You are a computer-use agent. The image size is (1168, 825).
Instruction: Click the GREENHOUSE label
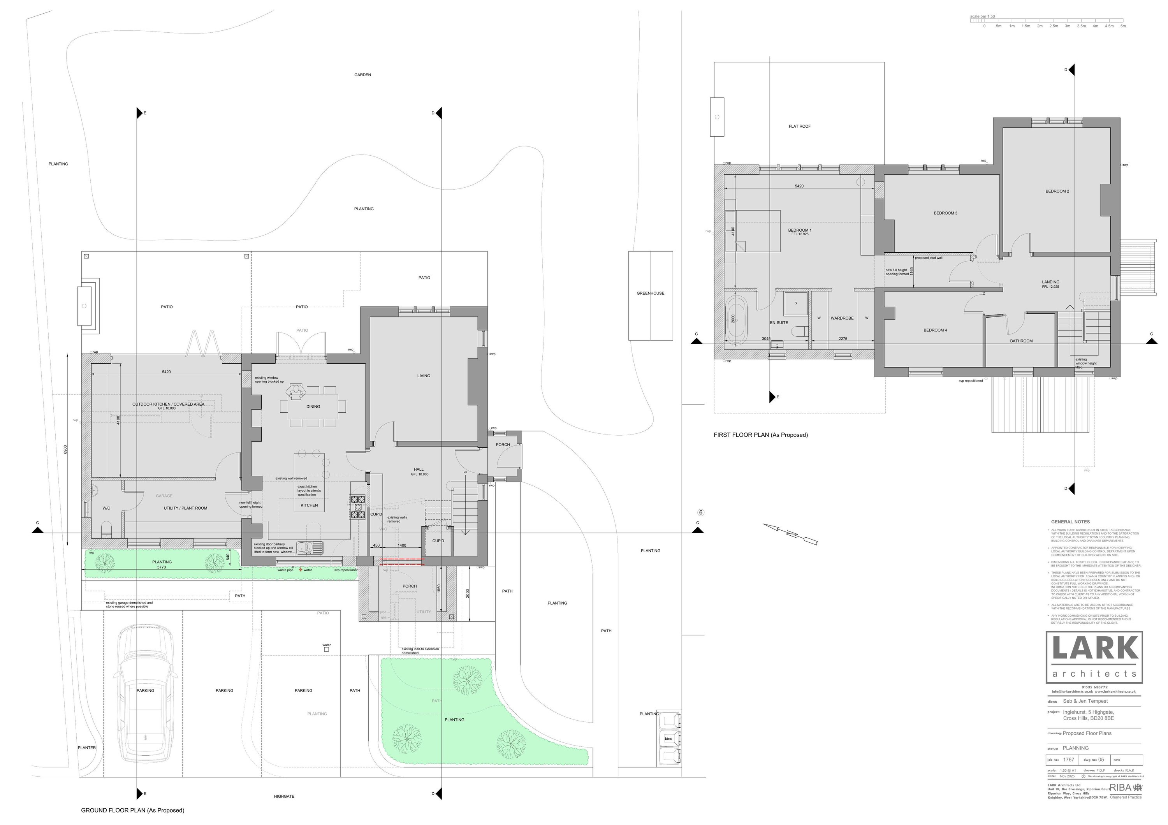(650, 294)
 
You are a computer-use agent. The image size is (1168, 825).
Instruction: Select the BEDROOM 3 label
(945, 213)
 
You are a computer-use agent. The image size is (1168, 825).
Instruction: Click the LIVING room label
(423, 376)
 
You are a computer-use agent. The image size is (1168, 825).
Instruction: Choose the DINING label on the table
(313, 406)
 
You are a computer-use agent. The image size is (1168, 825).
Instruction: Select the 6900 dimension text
(65, 450)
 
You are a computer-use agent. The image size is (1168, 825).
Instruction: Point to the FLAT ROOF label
(799, 126)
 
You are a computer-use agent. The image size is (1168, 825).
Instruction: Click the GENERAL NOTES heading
(1070, 522)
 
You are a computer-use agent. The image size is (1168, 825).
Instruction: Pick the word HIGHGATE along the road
(284, 797)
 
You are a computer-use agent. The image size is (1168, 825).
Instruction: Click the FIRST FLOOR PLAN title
(760, 435)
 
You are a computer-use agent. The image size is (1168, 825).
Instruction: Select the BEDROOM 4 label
(935, 330)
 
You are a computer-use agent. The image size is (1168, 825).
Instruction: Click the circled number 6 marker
(700, 513)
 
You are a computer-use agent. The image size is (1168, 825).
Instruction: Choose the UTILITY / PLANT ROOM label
(185, 508)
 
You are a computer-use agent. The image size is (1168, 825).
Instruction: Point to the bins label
(668, 739)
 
